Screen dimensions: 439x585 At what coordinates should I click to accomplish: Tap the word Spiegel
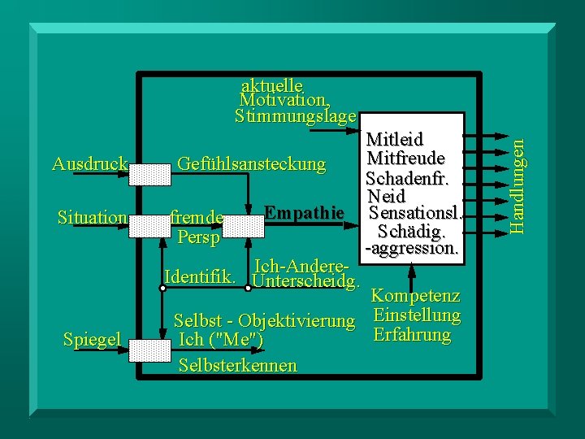pos(92,339)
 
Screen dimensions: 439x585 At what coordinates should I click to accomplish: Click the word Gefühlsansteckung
pos(251,165)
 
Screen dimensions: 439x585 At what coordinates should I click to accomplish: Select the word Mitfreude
pos(405,157)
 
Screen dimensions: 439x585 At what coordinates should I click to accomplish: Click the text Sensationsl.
pos(414,214)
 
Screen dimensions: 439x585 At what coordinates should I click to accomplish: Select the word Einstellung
pos(416,315)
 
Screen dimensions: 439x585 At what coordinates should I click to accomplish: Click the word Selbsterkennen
pos(237,365)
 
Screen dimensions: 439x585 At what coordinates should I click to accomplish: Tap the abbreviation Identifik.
pos(201,276)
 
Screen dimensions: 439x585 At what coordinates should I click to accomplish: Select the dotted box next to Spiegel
pos(151,350)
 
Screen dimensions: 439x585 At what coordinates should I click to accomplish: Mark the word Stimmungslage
pos(295,116)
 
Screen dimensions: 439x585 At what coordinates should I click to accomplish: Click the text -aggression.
pos(413,250)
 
